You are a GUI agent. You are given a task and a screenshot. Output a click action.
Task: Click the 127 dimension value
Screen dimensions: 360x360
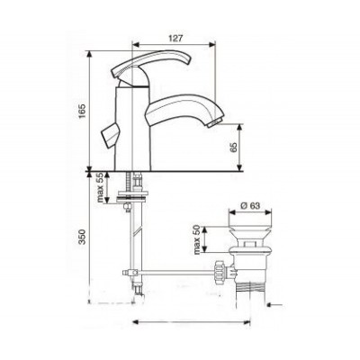coord(175,38)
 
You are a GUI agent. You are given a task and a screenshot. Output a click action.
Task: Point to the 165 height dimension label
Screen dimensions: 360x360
coord(83,111)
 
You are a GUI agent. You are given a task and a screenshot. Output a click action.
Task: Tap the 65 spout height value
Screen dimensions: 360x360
coord(234,148)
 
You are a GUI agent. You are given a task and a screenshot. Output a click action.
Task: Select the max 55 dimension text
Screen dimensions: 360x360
coord(100,187)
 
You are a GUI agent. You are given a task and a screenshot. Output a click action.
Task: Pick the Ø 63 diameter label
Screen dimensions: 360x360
coord(250,205)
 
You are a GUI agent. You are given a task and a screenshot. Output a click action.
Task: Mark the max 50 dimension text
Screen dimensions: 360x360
coord(196,239)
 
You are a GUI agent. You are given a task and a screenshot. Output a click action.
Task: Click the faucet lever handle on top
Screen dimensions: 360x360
coord(151,63)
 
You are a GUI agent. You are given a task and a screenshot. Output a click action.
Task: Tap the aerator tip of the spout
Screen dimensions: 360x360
coord(215,123)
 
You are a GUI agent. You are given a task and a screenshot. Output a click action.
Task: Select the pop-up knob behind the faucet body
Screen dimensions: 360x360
coord(109,135)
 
